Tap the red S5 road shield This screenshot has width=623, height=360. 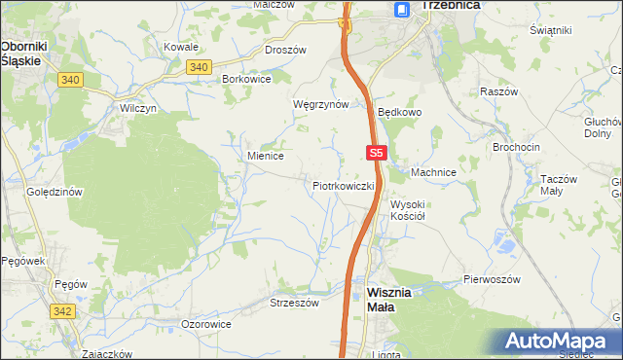pos(378,153)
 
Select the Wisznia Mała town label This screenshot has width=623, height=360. pos(394,299)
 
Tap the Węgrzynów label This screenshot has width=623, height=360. pos(320,104)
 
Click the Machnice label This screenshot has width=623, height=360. pos(433,172)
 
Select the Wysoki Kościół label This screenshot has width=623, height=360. pos(416,210)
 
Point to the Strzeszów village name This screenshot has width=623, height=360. pos(294,303)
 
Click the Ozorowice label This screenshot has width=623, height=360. pos(206,323)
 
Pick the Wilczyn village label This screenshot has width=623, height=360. pos(138,109)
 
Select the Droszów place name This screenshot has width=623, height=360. pos(285,49)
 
